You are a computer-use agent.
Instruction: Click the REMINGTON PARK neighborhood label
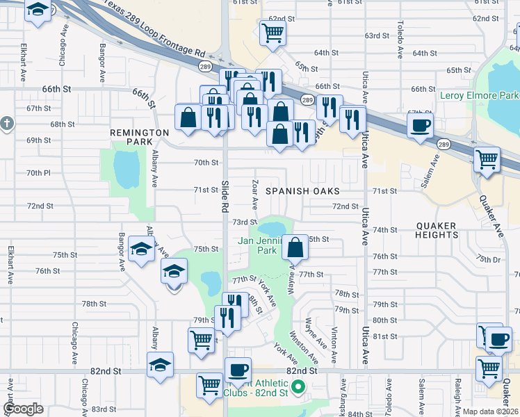tap(139, 136)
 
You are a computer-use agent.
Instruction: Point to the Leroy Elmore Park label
tap(480, 95)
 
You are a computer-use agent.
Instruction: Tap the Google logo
tap(23, 409)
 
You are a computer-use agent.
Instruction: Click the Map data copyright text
tap(491, 411)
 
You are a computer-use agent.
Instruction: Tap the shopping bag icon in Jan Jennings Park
tap(295, 246)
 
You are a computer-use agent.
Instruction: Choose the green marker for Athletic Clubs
tap(299, 386)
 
